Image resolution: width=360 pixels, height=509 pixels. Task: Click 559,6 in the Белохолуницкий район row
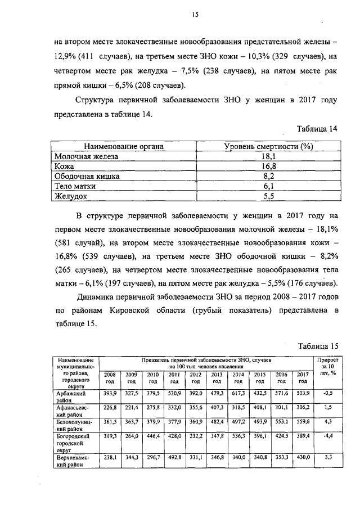tap(303, 421)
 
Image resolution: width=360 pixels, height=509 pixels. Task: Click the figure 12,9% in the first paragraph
tap(67, 56)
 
